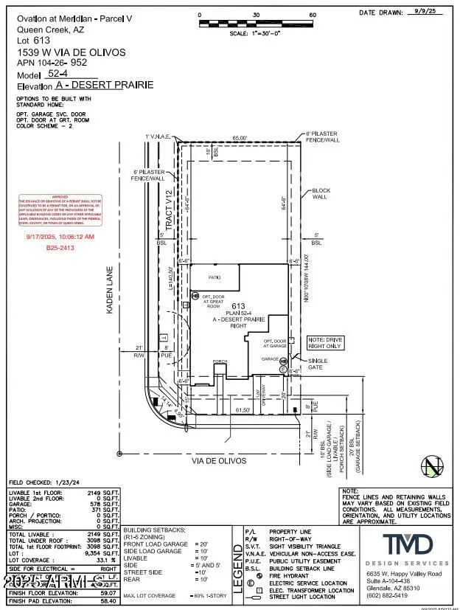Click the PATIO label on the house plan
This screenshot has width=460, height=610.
coord(216,279)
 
